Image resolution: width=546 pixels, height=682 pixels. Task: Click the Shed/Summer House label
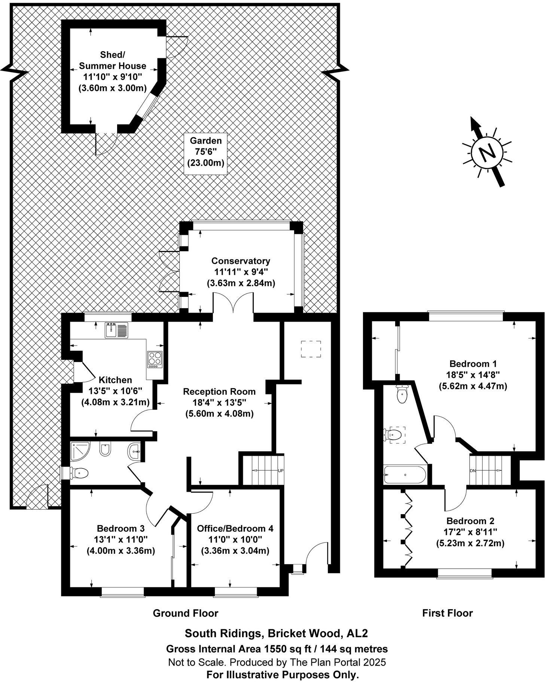point(112,71)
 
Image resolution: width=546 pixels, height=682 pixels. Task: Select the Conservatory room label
point(241,272)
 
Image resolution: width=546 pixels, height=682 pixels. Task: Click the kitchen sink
point(111,330)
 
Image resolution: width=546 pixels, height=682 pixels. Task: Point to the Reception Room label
point(219,403)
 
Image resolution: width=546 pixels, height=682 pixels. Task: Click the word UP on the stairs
point(281,470)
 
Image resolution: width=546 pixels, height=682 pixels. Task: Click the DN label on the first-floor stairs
point(473,471)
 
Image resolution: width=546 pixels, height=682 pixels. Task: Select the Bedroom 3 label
point(121,540)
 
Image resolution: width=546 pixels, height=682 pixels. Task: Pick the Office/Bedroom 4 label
point(235,540)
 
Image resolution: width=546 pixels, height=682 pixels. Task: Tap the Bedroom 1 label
point(473,375)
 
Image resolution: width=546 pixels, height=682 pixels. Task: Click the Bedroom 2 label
point(470,532)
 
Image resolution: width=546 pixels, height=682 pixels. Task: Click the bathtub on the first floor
point(405,474)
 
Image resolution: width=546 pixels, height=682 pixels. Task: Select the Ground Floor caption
point(185,613)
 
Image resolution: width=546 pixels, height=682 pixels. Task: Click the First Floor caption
point(447,613)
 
